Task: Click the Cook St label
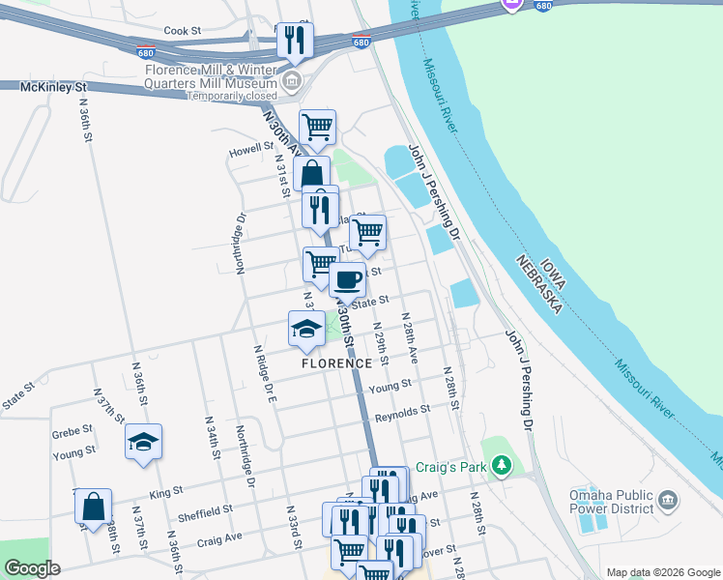182,31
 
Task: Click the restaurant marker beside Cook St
295,41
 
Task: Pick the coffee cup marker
347,280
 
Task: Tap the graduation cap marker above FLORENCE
307,329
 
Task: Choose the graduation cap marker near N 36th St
144,442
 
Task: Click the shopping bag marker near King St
93,507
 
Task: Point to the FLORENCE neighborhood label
334,363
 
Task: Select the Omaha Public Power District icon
668,501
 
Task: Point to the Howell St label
251,153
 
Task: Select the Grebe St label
72,429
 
